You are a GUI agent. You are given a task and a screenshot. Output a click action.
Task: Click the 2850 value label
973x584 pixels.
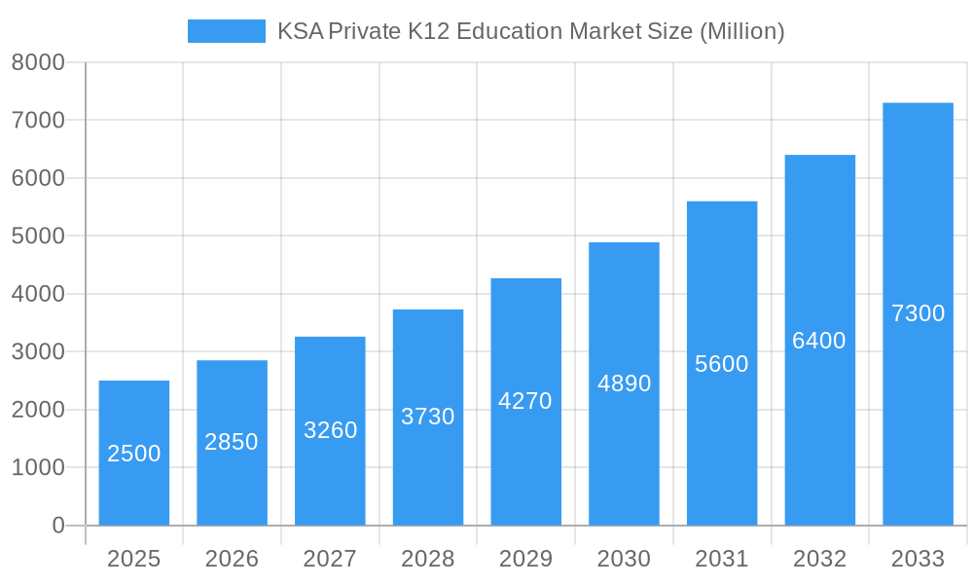tap(232, 442)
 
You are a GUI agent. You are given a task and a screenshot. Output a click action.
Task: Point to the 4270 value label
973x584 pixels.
tap(525, 401)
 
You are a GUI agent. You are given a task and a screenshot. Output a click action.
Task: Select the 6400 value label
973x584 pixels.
tap(819, 341)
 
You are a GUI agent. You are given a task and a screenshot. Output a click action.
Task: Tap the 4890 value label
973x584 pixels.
tap(624, 383)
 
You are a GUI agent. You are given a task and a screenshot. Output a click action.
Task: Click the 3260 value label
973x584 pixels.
tap(331, 430)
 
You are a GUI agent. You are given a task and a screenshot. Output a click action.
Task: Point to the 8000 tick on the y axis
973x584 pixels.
tap(38, 63)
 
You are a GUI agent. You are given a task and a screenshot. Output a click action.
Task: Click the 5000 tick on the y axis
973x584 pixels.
tap(38, 237)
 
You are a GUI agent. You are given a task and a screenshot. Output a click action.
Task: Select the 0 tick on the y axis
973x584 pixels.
tap(58, 526)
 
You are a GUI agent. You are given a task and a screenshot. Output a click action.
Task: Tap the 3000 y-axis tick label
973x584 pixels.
tap(38, 351)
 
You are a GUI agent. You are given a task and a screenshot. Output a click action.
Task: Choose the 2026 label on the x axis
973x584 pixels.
tap(232, 559)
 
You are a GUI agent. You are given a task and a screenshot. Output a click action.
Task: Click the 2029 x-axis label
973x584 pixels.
tap(525, 559)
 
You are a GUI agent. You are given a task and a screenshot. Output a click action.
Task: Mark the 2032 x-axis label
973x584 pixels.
tap(819, 559)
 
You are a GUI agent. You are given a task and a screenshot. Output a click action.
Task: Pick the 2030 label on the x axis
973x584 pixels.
tap(624, 559)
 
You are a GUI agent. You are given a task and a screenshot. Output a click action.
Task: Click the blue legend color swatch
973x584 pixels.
tap(226, 31)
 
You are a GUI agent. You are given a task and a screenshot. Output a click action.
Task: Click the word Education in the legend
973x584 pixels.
tap(509, 31)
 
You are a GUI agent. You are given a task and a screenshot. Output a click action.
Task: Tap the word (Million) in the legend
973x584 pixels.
tap(741, 31)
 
